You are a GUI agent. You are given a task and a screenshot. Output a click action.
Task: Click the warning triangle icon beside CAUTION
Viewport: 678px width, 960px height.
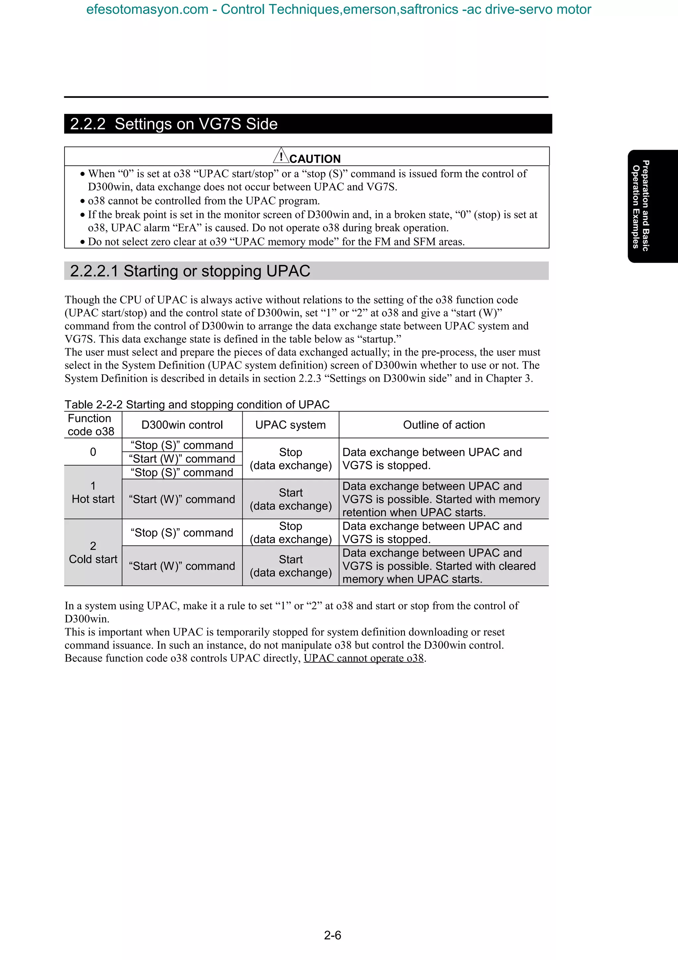(x=281, y=156)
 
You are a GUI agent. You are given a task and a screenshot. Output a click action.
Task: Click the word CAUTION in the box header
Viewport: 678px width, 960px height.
(x=315, y=159)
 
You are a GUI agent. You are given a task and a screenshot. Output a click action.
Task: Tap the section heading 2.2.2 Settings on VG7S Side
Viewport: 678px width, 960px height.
(x=174, y=124)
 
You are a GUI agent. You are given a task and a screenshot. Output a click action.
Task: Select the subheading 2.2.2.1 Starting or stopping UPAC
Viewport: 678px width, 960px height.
(x=190, y=271)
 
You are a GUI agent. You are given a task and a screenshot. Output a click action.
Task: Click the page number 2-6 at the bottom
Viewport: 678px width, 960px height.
(x=332, y=934)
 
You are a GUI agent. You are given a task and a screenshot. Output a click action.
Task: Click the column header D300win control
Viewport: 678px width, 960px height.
(x=182, y=425)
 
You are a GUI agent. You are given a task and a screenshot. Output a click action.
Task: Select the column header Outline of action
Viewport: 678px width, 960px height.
(x=444, y=425)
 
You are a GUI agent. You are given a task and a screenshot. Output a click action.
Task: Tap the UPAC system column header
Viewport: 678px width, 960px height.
(x=290, y=425)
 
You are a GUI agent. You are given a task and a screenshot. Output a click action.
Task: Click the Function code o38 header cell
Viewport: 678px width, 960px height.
(x=91, y=425)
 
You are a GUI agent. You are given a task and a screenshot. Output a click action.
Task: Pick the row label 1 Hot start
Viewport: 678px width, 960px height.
(x=93, y=493)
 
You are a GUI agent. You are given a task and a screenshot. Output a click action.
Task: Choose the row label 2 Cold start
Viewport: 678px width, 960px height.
(x=93, y=552)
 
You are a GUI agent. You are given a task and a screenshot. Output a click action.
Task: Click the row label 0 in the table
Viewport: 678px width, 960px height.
(x=93, y=452)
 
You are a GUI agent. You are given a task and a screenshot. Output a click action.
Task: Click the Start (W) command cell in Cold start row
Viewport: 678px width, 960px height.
(x=182, y=566)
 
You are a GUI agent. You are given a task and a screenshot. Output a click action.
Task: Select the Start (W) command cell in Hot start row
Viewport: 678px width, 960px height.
(x=182, y=499)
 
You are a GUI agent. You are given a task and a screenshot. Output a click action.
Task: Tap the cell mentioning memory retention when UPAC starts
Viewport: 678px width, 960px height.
(x=441, y=499)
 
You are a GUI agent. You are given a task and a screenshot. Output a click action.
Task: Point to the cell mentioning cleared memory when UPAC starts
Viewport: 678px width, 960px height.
(x=439, y=566)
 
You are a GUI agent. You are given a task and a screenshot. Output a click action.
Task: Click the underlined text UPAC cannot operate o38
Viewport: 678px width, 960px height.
(x=363, y=658)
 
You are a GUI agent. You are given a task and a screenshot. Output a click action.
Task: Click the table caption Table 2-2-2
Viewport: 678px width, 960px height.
(x=197, y=404)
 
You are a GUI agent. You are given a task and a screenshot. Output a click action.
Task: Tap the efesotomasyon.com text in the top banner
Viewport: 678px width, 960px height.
(x=147, y=9)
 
